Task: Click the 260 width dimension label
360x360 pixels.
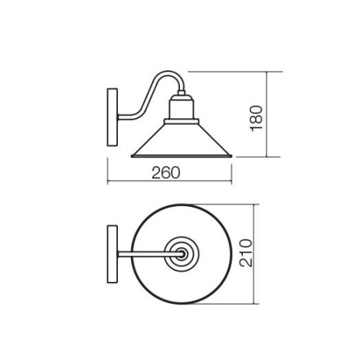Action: (x=166, y=173)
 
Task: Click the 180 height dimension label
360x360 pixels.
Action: (x=257, y=118)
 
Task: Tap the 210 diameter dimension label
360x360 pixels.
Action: (x=246, y=253)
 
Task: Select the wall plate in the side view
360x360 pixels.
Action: (x=113, y=117)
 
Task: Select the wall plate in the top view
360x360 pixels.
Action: (x=113, y=254)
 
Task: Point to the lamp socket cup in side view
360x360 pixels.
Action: (x=182, y=107)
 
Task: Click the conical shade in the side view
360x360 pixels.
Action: (x=182, y=140)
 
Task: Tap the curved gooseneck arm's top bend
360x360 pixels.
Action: (x=167, y=73)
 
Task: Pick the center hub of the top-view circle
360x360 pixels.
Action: (x=182, y=254)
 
